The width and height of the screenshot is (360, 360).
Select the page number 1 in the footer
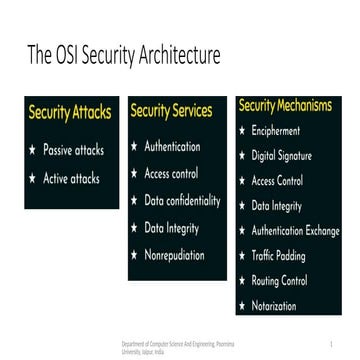tap(341, 342)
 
